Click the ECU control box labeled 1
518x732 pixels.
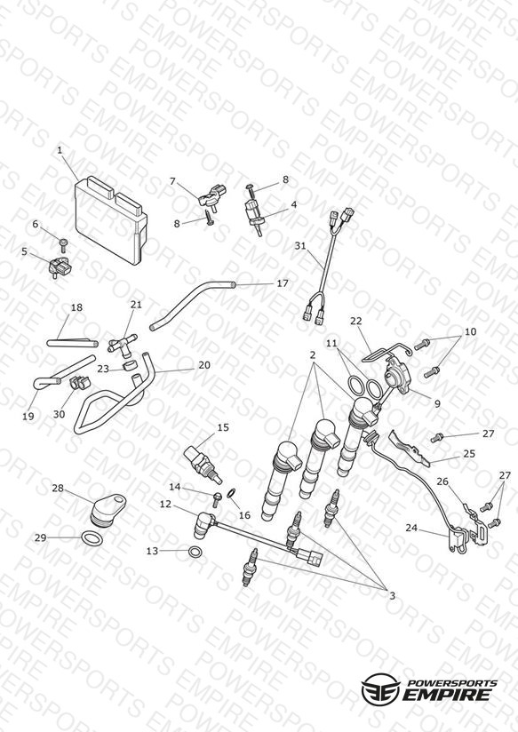[111, 219]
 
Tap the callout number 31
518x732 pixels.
[299, 245]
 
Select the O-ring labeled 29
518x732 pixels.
[92, 538]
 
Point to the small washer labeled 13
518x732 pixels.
[195, 552]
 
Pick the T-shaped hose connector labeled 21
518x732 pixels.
[121, 344]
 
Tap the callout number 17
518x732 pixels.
[283, 282]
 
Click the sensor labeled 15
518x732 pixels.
[203, 465]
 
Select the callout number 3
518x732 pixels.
[392, 596]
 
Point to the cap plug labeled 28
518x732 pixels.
[107, 511]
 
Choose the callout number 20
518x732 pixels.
[204, 365]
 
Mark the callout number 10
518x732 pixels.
[470, 331]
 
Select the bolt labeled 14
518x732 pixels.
[216, 499]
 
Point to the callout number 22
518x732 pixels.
[356, 322]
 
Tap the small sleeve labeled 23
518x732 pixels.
[131, 365]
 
